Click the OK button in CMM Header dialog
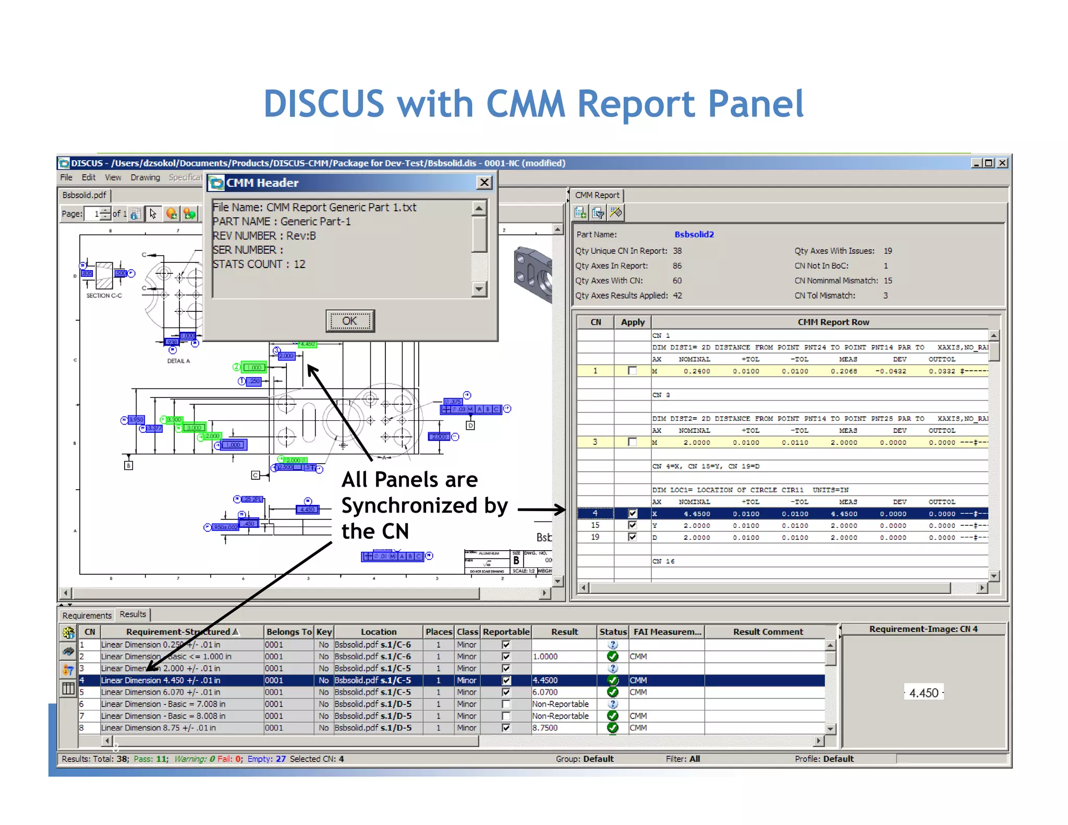point(350,321)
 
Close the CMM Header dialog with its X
point(484,182)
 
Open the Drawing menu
point(145,177)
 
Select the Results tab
point(132,614)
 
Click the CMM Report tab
point(597,195)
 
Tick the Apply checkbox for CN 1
point(633,371)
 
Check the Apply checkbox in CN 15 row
point(633,525)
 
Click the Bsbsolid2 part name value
point(694,235)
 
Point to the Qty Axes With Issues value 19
point(888,251)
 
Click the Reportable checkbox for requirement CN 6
point(506,704)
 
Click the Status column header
point(613,632)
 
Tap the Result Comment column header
point(768,632)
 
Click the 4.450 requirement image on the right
point(924,693)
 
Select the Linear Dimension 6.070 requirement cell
point(161,692)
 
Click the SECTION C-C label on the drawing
point(104,296)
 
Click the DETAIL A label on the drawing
point(178,361)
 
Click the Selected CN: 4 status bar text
point(317,759)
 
